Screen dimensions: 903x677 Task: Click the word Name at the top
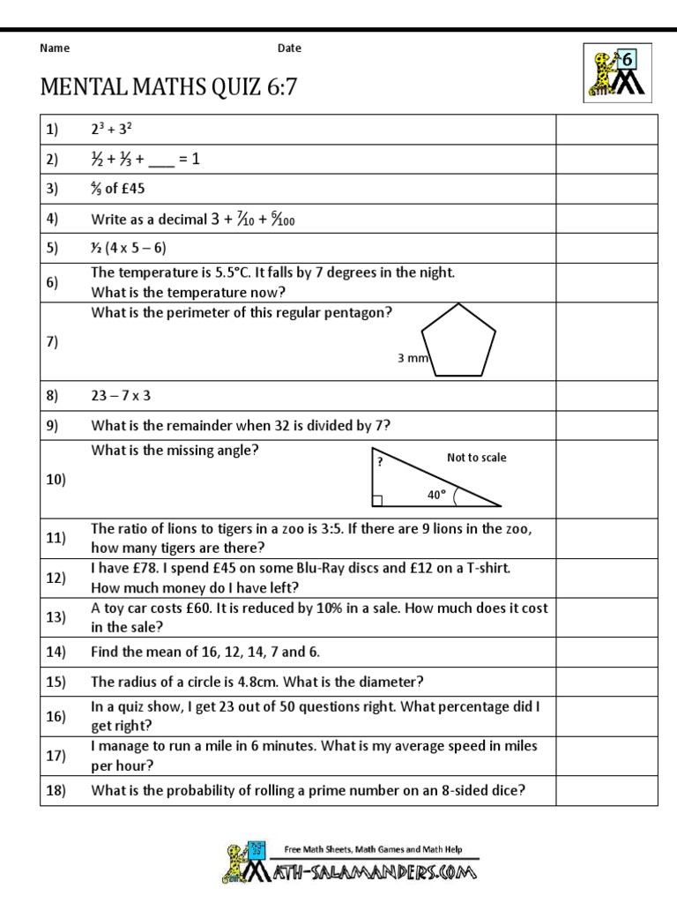pos(55,49)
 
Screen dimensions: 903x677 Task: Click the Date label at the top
pos(289,49)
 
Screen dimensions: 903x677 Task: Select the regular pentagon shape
pos(458,341)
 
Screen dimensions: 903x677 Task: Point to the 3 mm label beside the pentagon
pos(413,359)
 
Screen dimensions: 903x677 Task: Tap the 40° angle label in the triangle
pos(436,496)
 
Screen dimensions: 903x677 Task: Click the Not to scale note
pos(477,458)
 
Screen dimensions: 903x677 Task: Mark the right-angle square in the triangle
pos(376,501)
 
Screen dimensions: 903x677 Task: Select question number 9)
pos(52,426)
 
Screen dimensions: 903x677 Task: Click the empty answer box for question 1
pos(606,130)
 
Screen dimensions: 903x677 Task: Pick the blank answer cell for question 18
pos(606,791)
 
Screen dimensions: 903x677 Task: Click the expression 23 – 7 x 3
pos(127,396)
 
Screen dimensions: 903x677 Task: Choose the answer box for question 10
pos(606,480)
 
